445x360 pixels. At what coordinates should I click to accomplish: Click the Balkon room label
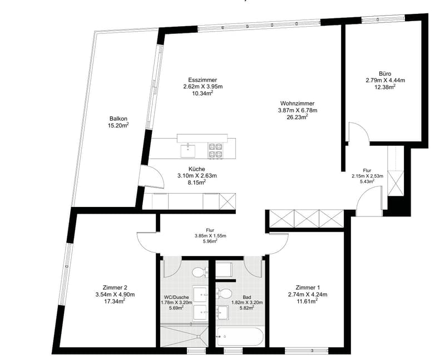click(118, 119)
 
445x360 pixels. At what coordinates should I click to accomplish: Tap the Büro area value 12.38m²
click(385, 87)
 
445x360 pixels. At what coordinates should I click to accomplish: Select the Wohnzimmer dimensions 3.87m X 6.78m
click(298, 110)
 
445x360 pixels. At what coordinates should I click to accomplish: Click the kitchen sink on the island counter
click(188, 150)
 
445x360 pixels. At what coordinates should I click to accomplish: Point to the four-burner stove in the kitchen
click(215, 150)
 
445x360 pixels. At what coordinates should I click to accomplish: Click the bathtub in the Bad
click(240, 337)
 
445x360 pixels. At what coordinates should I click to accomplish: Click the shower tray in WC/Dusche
click(184, 336)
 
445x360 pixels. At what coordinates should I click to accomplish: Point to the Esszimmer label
click(202, 80)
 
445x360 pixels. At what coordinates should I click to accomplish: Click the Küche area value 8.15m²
click(197, 183)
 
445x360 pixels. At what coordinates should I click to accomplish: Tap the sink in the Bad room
click(222, 312)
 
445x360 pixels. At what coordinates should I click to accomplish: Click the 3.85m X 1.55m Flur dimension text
click(210, 236)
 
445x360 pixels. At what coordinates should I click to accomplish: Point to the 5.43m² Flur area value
click(367, 181)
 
